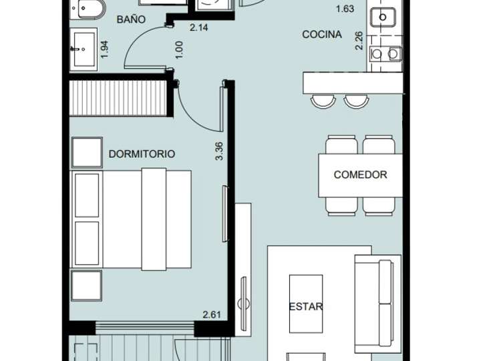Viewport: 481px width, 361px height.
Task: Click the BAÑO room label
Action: tap(131, 19)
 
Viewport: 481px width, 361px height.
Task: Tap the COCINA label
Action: tap(322, 34)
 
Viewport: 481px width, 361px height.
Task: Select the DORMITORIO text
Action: tap(142, 154)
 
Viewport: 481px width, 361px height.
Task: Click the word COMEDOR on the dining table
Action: tap(360, 174)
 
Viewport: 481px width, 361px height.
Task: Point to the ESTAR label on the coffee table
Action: tap(306, 307)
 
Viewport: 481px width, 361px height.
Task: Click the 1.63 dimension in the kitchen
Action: tap(345, 9)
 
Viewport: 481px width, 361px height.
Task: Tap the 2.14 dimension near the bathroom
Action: tap(199, 28)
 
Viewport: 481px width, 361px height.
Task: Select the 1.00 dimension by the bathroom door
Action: tap(178, 49)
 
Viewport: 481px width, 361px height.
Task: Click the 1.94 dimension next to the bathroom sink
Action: tap(104, 49)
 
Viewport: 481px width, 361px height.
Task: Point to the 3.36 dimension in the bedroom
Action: tap(218, 150)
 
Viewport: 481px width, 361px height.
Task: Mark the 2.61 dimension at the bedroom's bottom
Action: tap(212, 314)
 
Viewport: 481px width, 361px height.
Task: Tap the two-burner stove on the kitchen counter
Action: tap(386, 53)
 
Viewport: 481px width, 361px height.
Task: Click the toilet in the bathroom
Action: tap(88, 9)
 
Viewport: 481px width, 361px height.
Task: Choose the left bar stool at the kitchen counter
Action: tap(323, 100)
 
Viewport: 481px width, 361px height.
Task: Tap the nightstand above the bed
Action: tap(87, 152)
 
